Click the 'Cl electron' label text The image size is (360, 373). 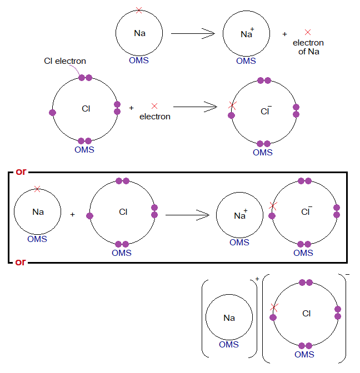pos(65,61)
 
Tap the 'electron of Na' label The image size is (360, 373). pos(308,47)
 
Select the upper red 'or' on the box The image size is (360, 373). pos(21,172)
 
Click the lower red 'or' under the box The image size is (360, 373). pos(21,261)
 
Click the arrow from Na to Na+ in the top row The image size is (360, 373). pos(192,34)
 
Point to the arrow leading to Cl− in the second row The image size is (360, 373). pos(194,107)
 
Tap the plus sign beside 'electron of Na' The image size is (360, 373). pos(285,34)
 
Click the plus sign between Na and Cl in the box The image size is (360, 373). pos(72,214)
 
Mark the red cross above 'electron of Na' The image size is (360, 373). pos(308,33)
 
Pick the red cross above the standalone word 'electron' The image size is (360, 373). pos(154,105)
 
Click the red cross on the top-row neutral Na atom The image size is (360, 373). pos(139,10)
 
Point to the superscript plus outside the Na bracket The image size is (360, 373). pos(257,279)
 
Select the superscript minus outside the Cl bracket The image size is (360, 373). pos(347,275)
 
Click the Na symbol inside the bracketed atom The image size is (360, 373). pos(229,318)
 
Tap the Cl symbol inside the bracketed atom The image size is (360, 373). pos(307,314)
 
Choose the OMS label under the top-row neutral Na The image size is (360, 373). pos(139,61)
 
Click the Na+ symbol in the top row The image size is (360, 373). pos(247,34)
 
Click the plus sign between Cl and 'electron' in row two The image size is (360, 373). pos(131,108)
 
